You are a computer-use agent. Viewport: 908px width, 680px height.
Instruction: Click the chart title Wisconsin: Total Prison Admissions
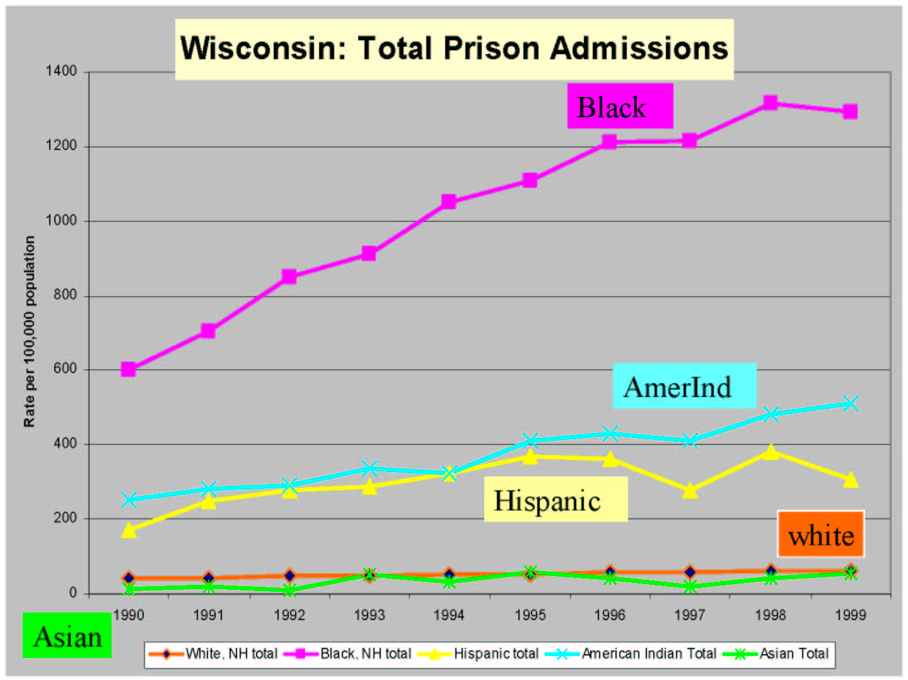coord(454,49)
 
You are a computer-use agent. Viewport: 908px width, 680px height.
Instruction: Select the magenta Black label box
coord(620,107)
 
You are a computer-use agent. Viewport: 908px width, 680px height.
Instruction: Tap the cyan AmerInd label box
coord(684,386)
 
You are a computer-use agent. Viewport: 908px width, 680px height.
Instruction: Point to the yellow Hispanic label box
coord(555,500)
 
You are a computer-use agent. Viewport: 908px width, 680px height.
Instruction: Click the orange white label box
coord(820,535)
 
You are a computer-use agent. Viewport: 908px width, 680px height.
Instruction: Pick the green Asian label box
coord(67,636)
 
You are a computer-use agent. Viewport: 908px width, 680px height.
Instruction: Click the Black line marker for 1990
coord(128,369)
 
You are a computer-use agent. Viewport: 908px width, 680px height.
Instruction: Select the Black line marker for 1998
coord(770,103)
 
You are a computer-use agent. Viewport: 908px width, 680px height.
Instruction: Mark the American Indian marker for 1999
coord(850,403)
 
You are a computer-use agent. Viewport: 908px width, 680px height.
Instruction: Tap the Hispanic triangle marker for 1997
coord(690,490)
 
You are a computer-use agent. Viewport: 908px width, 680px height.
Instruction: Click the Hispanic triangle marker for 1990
coord(128,531)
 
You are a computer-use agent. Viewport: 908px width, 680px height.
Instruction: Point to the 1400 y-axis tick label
coord(61,71)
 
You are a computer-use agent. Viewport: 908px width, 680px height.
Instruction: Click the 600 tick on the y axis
coord(65,369)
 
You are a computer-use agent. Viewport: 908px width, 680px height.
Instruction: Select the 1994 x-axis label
coord(449,615)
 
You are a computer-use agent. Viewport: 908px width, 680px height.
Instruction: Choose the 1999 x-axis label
coord(850,615)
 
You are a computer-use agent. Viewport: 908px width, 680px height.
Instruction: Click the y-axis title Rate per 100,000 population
coord(30,331)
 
